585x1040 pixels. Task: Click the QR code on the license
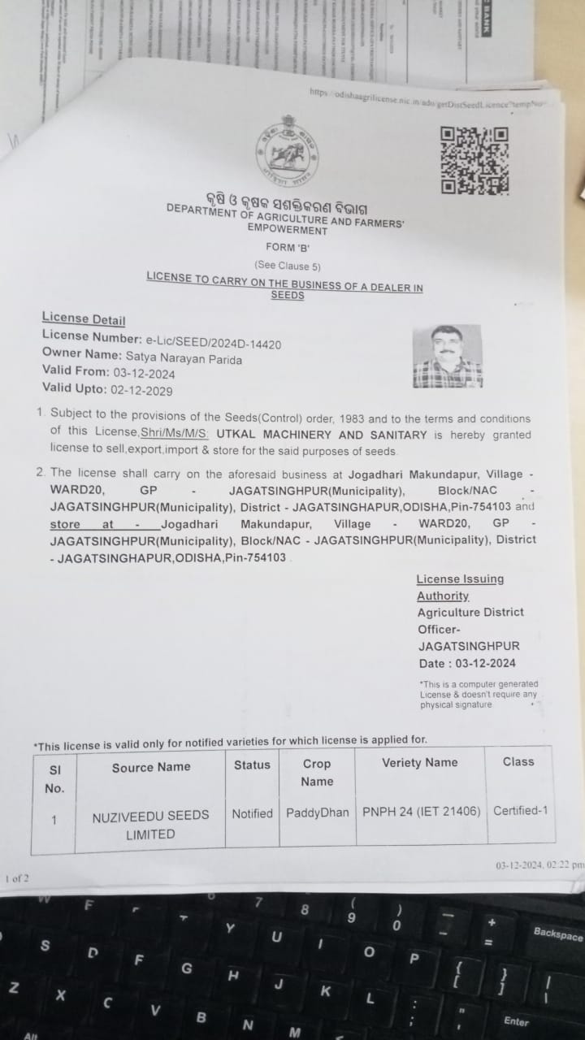(x=474, y=160)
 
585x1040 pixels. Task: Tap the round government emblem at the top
(x=287, y=152)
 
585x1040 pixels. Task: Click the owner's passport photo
(x=447, y=356)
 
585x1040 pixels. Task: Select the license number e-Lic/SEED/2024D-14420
(x=213, y=344)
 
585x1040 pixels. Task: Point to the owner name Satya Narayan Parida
(x=184, y=358)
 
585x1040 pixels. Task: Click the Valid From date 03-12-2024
(x=144, y=374)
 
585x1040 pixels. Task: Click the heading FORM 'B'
(x=288, y=247)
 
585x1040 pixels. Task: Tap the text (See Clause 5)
(x=288, y=266)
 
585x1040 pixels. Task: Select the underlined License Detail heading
(x=84, y=319)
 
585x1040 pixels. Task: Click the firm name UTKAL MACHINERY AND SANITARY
(x=336, y=435)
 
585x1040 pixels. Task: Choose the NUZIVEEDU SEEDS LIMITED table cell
(x=150, y=824)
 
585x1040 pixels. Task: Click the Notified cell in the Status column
(x=252, y=813)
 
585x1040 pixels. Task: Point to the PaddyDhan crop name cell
(x=317, y=813)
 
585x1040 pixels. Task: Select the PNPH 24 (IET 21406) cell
(x=421, y=812)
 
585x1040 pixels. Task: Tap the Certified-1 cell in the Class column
(x=520, y=810)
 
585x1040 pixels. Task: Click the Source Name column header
(x=151, y=767)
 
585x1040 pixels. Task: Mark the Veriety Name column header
(x=419, y=763)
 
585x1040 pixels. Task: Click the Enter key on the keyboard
(x=516, y=1020)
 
